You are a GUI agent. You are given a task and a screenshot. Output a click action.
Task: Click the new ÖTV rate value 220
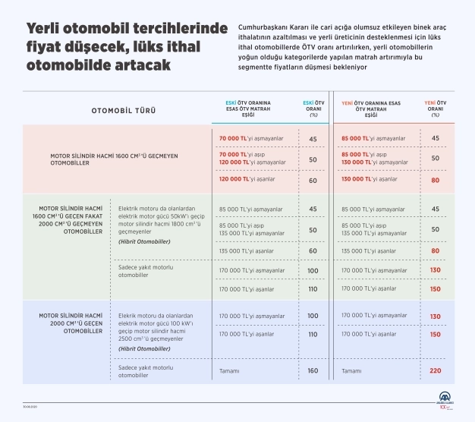tap(435, 371)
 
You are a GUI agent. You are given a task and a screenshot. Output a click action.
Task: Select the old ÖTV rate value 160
tap(312, 371)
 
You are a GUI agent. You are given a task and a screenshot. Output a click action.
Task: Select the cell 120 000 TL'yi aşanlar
tap(245, 179)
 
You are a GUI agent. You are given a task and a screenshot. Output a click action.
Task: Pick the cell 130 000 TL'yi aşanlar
tap(369, 179)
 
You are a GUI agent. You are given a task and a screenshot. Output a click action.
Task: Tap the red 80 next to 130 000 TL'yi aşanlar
tap(435, 180)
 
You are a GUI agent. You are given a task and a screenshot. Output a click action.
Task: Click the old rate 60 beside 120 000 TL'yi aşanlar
tap(312, 180)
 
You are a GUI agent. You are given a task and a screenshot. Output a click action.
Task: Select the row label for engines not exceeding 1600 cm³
tap(102, 159)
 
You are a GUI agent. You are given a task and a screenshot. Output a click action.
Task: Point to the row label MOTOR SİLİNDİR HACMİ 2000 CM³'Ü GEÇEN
tap(70, 323)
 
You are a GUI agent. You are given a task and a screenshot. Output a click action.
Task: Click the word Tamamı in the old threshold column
tap(229, 371)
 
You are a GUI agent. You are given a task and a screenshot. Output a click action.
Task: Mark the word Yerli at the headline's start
tap(46, 29)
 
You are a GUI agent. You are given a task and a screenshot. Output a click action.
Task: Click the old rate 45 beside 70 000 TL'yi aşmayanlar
tap(312, 139)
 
